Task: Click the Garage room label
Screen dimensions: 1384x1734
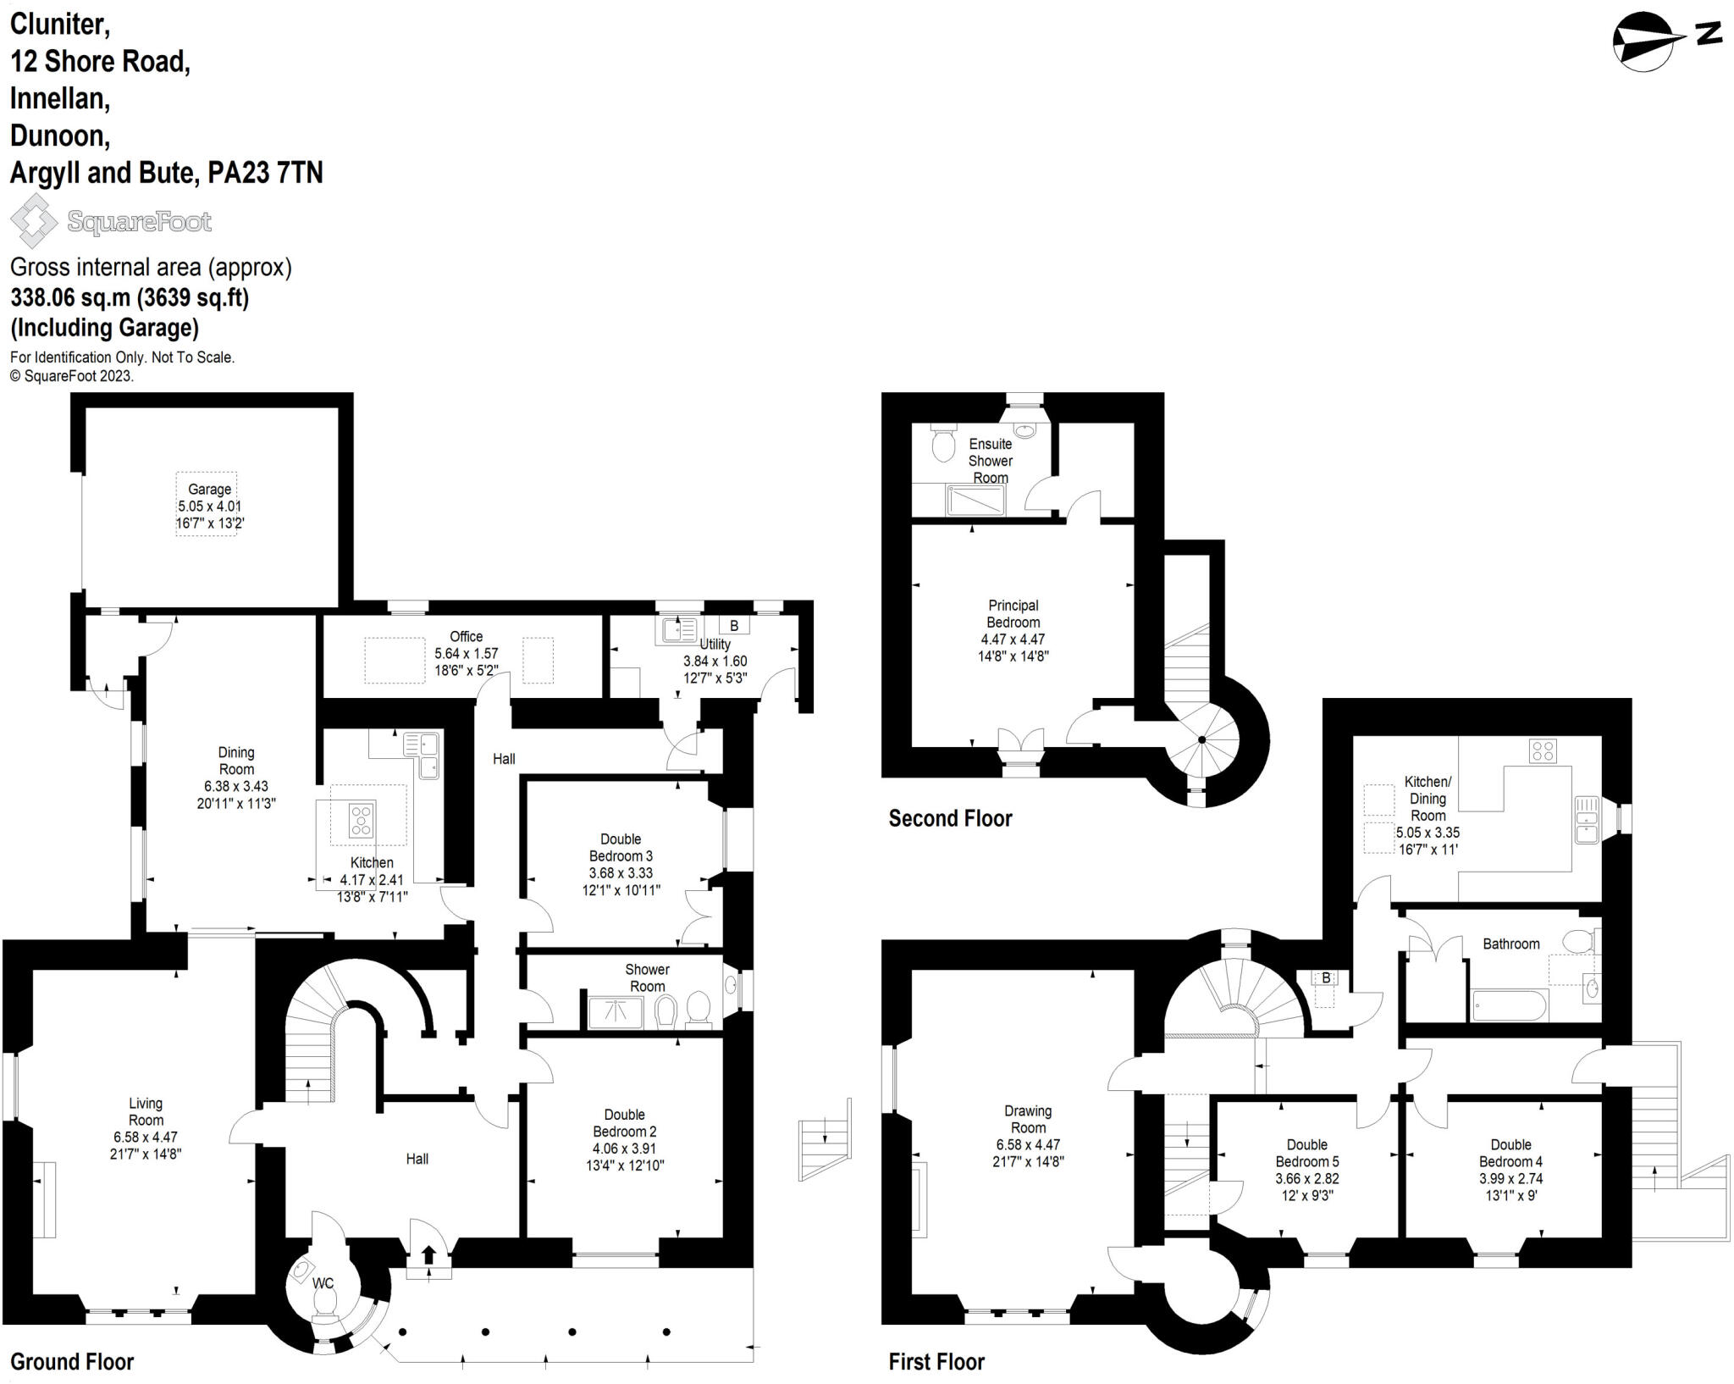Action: pyautogui.click(x=209, y=490)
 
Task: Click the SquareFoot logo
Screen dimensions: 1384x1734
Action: pyautogui.click(x=111, y=222)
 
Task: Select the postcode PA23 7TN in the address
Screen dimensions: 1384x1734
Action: pyautogui.click(x=265, y=173)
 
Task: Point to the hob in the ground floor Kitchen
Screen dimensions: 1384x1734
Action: pyautogui.click(x=362, y=821)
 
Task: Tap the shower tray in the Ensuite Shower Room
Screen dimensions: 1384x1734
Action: pyautogui.click(x=975, y=500)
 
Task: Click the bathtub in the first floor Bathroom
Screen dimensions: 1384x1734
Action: pyautogui.click(x=1510, y=1006)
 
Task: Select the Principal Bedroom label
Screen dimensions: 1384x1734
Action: pyautogui.click(x=1013, y=614)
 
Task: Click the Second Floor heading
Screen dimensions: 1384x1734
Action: pyautogui.click(x=950, y=818)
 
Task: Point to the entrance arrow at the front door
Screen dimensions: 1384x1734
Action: pyautogui.click(x=428, y=1254)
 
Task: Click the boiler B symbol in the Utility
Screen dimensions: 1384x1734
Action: pyautogui.click(x=734, y=626)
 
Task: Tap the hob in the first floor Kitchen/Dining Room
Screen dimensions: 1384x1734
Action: pyautogui.click(x=1543, y=750)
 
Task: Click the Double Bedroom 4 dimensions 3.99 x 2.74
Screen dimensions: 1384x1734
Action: pyautogui.click(x=1510, y=1178)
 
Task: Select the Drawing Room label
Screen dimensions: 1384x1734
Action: pyautogui.click(x=1028, y=1119)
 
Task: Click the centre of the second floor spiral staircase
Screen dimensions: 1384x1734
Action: pyautogui.click(x=1201, y=740)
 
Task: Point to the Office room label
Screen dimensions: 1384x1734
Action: pyautogui.click(x=466, y=636)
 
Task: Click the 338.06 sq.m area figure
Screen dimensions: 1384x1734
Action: pyautogui.click(x=70, y=298)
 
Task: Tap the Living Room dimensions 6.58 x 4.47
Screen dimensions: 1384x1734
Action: pyautogui.click(x=146, y=1137)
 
